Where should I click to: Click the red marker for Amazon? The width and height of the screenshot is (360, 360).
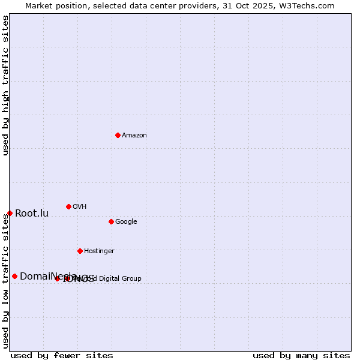pos(118,135)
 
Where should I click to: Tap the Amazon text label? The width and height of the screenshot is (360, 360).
pos(134,136)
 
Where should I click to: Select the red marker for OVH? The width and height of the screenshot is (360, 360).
pos(68,206)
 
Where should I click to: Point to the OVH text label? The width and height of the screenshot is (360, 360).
pos(80,207)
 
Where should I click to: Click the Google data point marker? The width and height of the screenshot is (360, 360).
pos(111,221)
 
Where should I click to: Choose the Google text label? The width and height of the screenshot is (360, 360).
pos(126,222)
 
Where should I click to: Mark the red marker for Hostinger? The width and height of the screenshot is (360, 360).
pos(80,251)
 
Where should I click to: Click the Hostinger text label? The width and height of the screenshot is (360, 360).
pos(99,251)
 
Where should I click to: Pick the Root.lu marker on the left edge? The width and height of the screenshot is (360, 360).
pos(10,213)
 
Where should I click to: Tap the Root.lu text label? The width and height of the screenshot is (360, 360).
pos(32,214)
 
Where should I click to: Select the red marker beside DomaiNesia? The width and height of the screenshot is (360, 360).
pos(14,276)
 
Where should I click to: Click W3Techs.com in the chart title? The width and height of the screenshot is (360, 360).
pos(309,6)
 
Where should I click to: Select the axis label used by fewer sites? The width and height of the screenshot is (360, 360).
pos(62,356)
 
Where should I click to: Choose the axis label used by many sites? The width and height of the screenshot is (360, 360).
pos(301,356)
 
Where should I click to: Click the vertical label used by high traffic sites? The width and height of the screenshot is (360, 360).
pos(5,85)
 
